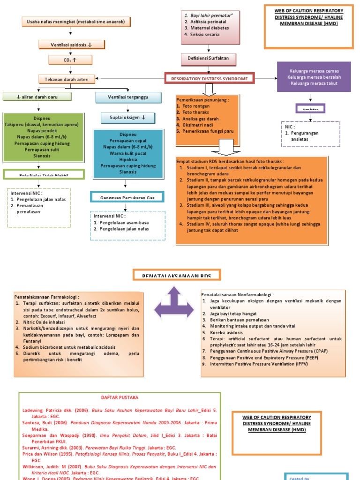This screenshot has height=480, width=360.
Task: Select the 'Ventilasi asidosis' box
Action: click(x=71, y=45)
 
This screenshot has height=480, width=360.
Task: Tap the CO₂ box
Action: click(x=70, y=60)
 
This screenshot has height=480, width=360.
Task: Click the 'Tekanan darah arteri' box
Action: click(x=69, y=79)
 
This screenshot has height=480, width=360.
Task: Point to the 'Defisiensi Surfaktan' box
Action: click(x=209, y=59)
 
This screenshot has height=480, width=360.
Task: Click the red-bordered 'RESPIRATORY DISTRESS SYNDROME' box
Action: click(x=209, y=78)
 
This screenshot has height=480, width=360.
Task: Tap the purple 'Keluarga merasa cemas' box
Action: click(x=314, y=77)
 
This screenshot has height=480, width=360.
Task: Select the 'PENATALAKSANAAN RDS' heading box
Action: click(x=177, y=275)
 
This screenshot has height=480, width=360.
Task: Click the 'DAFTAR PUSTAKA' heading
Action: click(x=120, y=397)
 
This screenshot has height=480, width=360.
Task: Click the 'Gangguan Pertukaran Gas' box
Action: click(x=127, y=198)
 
